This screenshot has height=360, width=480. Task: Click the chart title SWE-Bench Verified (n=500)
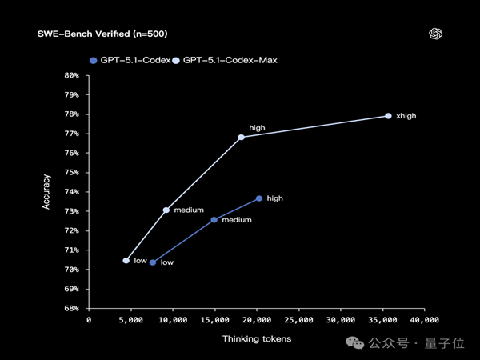[102, 34]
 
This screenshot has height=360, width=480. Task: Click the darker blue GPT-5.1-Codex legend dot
[94, 60]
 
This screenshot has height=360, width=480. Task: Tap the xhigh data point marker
[388, 116]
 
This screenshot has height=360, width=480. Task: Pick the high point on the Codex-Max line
[242, 137]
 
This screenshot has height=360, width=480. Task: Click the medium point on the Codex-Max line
[166, 210]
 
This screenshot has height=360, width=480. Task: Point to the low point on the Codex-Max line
[126, 260]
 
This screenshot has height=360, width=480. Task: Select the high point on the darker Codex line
[259, 198]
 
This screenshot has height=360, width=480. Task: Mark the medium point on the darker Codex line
[214, 219]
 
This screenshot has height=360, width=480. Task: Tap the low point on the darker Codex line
[153, 262]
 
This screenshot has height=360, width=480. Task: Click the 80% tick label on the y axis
[71, 75]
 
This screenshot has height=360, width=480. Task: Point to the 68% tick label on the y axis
[71, 308]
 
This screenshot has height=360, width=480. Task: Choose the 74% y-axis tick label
[71, 192]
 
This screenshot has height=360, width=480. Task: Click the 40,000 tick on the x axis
[424, 320]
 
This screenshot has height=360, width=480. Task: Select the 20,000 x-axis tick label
[256, 320]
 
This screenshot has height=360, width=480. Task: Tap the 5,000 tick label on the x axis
[130, 320]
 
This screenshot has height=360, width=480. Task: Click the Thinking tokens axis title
[257, 338]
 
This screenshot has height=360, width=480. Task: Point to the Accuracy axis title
[46, 191]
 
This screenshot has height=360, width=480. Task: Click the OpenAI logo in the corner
[435, 34]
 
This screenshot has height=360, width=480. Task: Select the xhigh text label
[406, 116]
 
